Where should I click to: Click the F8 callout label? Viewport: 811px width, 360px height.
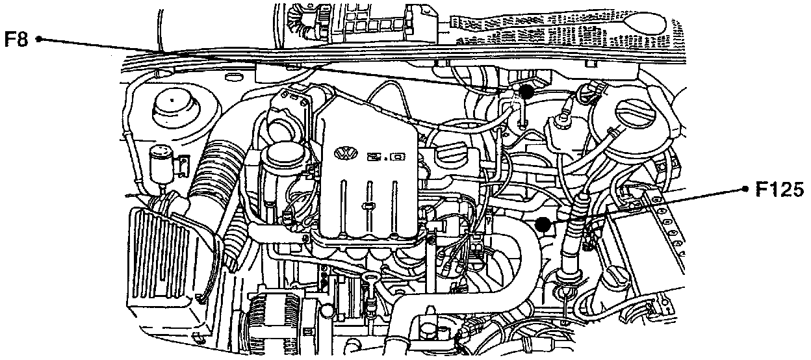18,39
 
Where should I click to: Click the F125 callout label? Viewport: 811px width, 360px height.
779,190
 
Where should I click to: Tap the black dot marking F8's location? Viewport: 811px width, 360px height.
526,92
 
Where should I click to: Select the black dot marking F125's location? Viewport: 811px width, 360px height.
543,225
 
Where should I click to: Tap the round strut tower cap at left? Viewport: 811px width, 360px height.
172,107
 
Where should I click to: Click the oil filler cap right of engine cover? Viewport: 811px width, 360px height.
452,156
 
